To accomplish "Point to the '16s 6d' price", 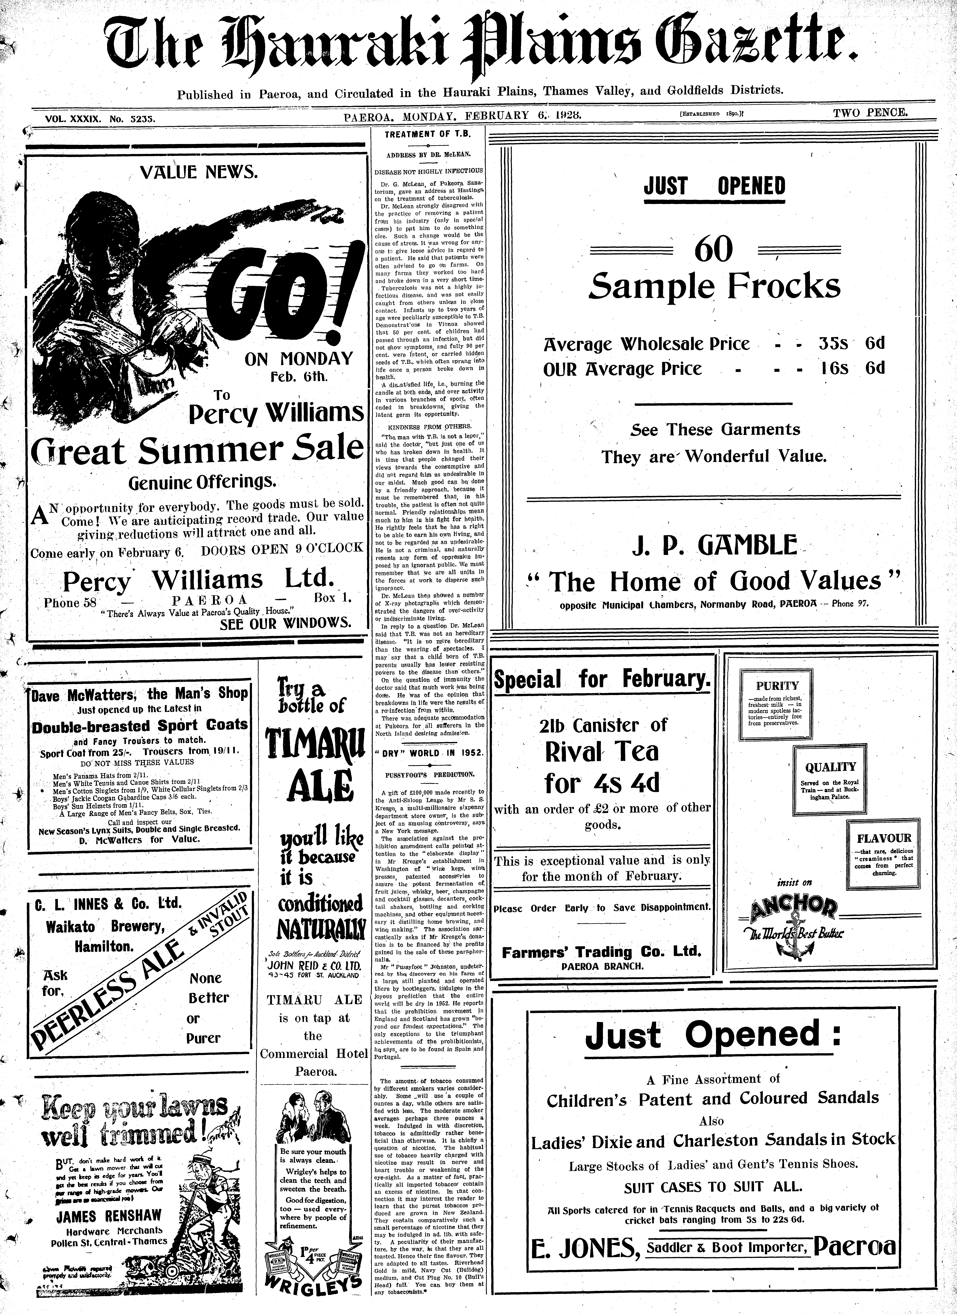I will [852, 369].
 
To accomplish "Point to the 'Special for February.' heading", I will [601, 679].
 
